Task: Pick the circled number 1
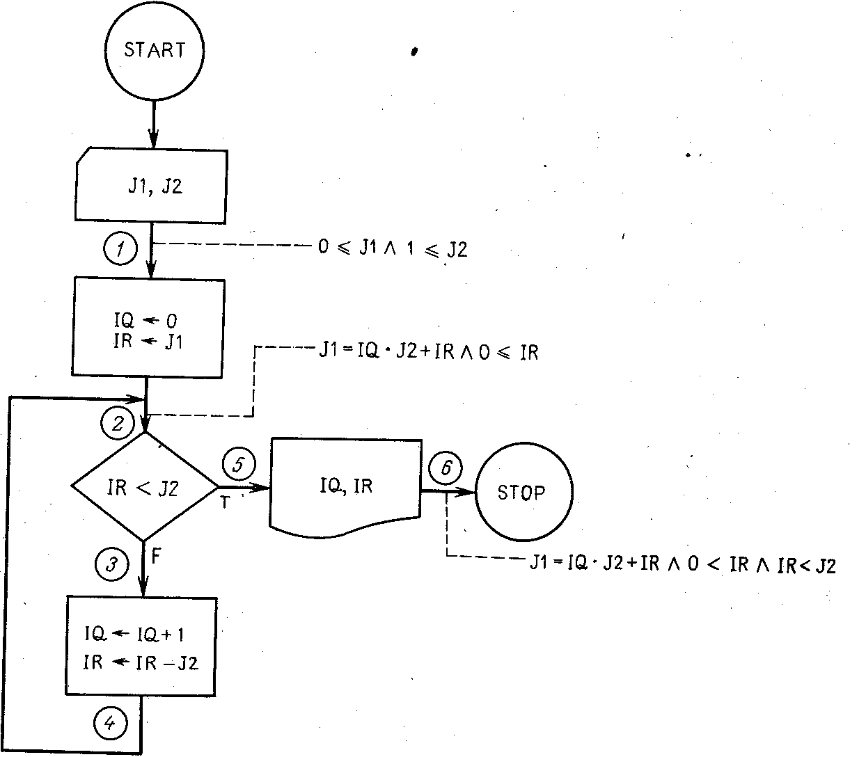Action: pyautogui.click(x=120, y=248)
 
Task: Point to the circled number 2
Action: pyautogui.click(x=118, y=423)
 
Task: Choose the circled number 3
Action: pyautogui.click(x=112, y=564)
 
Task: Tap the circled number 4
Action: pyautogui.click(x=111, y=723)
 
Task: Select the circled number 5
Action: pyautogui.click(x=239, y=464)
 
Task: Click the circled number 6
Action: pyautogui.click(x=446, y=468)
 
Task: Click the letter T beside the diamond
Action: pyautogui.click(x=225, y=502)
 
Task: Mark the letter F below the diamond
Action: pyautogui.click(x=156, y=556)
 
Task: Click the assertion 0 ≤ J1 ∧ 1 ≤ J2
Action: pyautogui.click(x=393, y=248)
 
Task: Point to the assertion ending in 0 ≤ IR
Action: pyautogui.click(x=429, y=351)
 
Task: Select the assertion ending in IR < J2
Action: pyautogui.click(x=683, y=564)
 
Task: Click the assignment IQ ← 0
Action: pyautogui.click(x=145, y=321)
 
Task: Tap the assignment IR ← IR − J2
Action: pyautogui.click(x=141, y=662)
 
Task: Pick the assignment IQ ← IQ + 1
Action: pyautogui.click(x=134, y=635)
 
